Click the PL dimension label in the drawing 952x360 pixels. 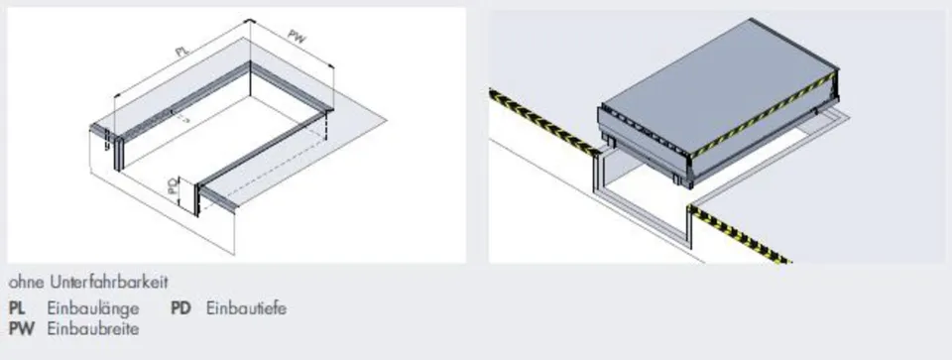(x=181, y=51)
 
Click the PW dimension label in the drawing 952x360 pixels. (x=297, y=37)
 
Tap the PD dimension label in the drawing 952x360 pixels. (x=173, y=185)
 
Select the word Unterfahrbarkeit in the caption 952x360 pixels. (x=109, y=283)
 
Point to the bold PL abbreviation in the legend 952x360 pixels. (x=17, y=308)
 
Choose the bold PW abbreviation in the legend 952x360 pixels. (x=20, y=328)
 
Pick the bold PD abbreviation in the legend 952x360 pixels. (x=180, y=308)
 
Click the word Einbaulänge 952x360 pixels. (x=93, y=309)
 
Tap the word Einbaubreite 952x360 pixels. (x=93, y=328)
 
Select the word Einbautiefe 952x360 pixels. (x=247, y=308)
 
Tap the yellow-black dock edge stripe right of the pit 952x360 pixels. (x=740, y=235)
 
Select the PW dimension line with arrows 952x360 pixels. (x=292, y=43)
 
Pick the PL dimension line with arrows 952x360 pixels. (x=181, y=58)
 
